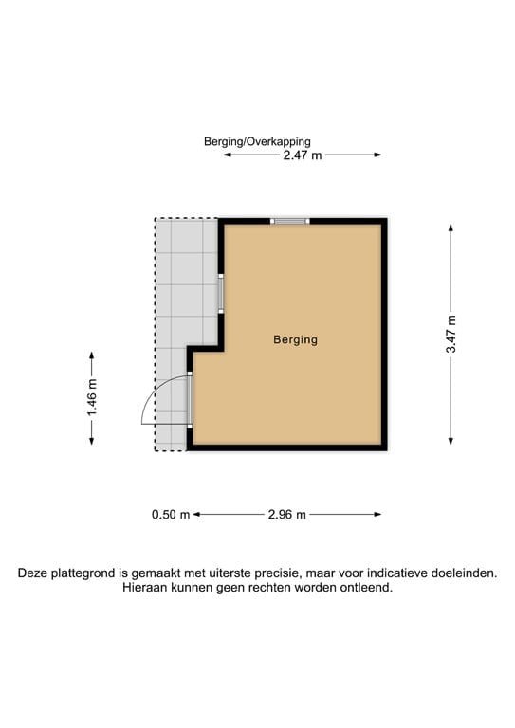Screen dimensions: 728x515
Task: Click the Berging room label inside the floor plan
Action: pos(295,339)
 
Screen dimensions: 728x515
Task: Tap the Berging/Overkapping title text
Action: pos(257,141)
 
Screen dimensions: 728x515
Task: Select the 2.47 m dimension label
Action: pos(302,155)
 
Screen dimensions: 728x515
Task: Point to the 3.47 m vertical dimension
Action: pos(451,334)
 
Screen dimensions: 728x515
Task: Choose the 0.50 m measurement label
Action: pos(171,515)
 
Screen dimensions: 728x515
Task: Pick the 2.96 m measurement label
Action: pos(286,515)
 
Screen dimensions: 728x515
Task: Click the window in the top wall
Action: pos(290,222)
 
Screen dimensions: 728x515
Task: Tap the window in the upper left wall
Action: pos(220,294)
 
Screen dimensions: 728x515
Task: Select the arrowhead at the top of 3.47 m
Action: pos(451,227)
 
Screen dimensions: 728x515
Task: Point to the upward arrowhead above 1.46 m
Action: pos(92,355)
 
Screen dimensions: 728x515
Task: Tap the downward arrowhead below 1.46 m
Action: pos(92,438)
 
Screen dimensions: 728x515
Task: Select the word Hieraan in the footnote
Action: pos(146,588)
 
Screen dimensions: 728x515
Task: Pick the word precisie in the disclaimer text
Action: pos(275,573)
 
